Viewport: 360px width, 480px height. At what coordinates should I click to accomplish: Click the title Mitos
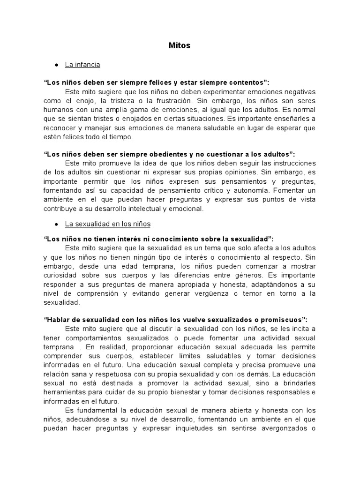[180, 45]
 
